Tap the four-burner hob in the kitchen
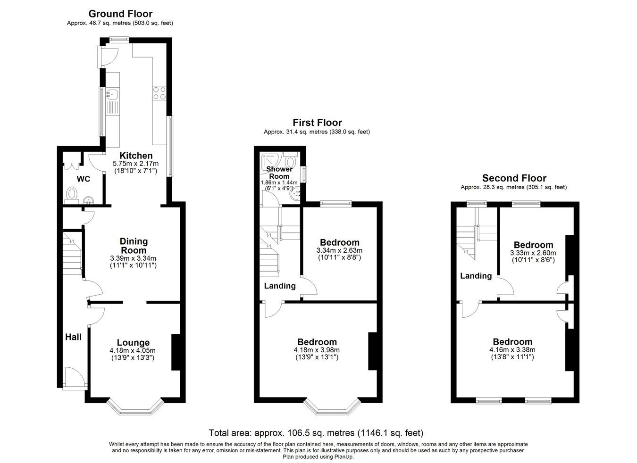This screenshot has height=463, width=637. tap(159, 93)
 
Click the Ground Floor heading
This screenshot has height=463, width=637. tap(120, 14)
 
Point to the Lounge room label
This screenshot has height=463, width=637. tap(133, 343)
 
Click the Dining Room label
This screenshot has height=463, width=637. tap(134, 246)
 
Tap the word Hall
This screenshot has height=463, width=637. tap(73, 337)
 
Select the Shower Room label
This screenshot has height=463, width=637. tap(279, 173)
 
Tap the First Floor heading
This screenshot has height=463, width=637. tap(317, 123)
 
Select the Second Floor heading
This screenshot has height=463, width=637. tap(514, 178)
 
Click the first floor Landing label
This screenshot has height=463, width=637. tap(280, 286)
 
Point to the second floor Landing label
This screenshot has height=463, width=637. tap(476, 276)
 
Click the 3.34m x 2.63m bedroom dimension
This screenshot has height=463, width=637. tap(339, 250)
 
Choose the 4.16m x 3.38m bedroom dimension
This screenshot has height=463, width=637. tap(512, 350)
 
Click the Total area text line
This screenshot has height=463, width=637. tap(316, 433)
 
